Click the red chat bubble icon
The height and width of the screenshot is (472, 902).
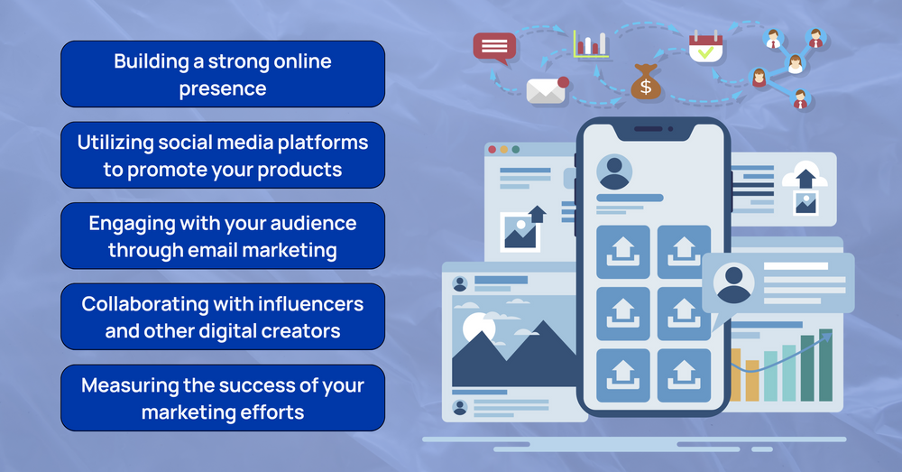[x=494, y=46]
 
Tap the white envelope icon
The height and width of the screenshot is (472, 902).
[x=545, y=89]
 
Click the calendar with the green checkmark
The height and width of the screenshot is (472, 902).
[x=705, y=46]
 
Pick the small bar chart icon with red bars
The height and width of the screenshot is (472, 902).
[x=591, y=42]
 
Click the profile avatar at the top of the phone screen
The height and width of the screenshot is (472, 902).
[x=614, y=171]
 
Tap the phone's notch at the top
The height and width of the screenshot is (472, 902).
[x=653, y=129]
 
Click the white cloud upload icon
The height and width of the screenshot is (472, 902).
[x=805, y=174]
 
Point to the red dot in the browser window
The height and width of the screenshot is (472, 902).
[x=492, y=149]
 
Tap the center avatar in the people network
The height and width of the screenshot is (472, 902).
[x=796, y=64]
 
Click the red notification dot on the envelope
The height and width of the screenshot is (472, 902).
[x=564, y=82]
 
